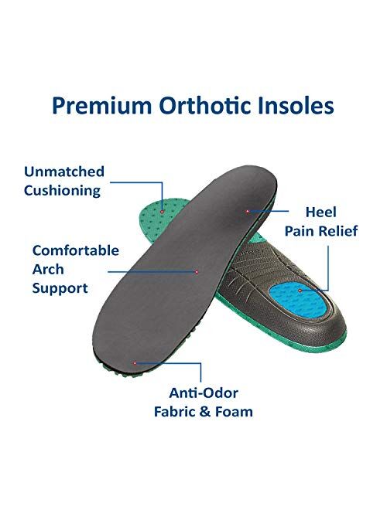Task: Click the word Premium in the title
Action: tap(91, 107)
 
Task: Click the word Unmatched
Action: tap(64, 172)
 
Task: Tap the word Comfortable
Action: tap(76, 250)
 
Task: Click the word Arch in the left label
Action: tap(49, 269)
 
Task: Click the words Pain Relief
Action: tap(321, 230)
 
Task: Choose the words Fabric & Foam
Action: tap(213, 411)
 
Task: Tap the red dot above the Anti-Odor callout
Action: tap(135, 362)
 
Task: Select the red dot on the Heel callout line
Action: tap(248, 210)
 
